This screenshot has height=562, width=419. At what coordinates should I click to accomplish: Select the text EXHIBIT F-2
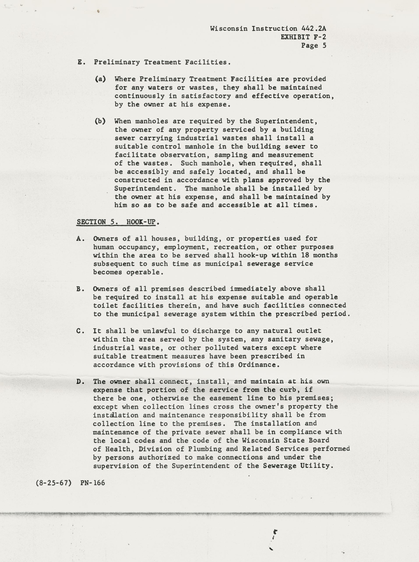(x=303, y=37)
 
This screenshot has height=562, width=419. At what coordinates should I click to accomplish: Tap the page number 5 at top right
(x=324, y=46)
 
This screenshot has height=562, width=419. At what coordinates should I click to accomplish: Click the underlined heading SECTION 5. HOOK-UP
(x=116, y=222)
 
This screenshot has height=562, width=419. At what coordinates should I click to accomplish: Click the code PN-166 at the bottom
(x=93, y=483)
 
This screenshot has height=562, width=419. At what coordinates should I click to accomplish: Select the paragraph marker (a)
(x=100, y=79)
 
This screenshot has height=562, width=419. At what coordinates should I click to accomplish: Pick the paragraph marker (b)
(x=100, y=121)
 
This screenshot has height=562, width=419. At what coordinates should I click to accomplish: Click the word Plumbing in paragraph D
(x=205, y=449)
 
